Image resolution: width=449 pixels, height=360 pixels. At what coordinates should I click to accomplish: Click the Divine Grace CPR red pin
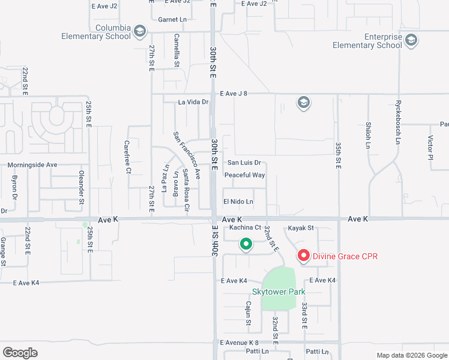point(303,256)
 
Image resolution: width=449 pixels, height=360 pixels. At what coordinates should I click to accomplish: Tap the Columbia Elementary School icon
point(140,31)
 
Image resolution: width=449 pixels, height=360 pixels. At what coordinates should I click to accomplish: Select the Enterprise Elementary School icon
point(411,41)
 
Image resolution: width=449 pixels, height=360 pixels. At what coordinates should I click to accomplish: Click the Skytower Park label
point(279,292)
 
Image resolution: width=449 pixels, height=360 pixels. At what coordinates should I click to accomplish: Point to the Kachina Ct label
point(241,227)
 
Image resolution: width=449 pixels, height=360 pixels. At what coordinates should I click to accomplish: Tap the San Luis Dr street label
point(244,163)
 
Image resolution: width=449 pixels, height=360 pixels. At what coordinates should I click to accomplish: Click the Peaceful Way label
point(244,175)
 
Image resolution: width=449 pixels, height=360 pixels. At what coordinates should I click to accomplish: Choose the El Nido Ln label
point(238,202)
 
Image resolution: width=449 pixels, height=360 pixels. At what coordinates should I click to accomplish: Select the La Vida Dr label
point(193,102)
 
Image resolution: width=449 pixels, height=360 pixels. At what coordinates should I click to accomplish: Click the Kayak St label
point(301,228)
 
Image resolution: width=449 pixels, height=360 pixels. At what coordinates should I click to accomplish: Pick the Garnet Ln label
point(173,19)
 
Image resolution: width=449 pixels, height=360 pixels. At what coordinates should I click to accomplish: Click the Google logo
point(20,353)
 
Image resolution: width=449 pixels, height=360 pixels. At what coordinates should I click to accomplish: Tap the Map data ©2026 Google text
point(411,355)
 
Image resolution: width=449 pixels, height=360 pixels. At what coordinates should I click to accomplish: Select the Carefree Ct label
point(127,157)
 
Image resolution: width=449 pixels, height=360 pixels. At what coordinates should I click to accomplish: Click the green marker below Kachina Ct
point(246,244)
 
